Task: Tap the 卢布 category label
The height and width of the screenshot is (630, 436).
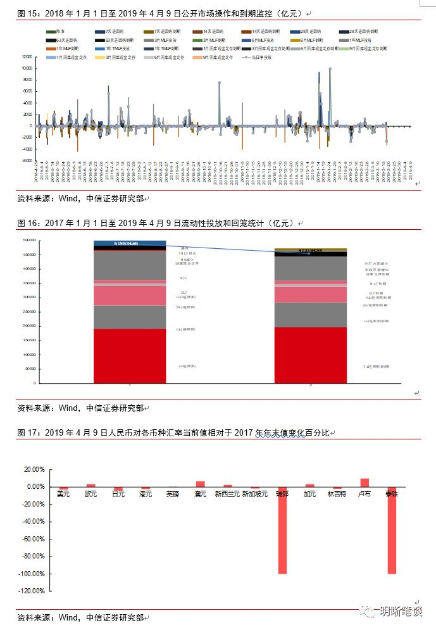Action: coord(364,494)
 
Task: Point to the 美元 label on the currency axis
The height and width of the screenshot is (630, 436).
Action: coord(64,494)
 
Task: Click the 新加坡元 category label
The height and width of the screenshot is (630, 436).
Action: coord(255,494)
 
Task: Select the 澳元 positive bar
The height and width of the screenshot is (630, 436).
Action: coord(200,484)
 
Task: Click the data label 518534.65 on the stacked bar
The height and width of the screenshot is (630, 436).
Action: coord(130,243)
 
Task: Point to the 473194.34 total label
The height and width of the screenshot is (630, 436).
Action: coord(311,251)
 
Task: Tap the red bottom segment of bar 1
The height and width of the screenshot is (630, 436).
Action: coord(130,356)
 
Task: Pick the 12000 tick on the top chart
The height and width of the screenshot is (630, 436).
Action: coord(27,56)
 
